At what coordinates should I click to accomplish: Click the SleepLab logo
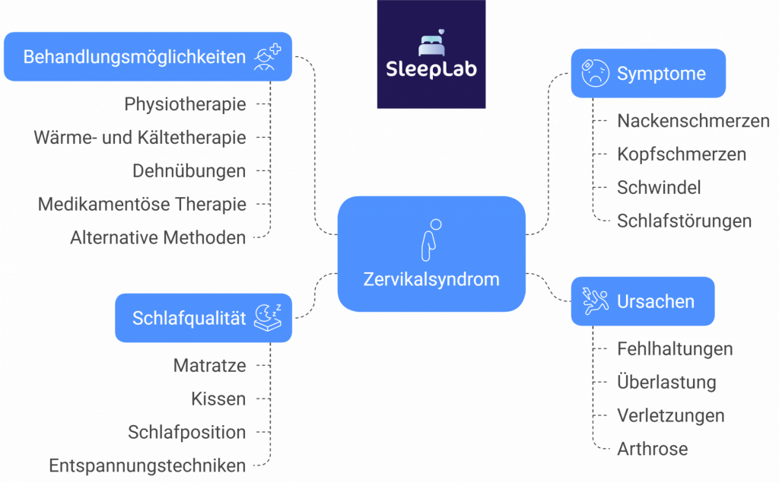pyautogui.click(x=431, y=54)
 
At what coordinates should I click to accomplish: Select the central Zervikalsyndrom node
pyautogui.click(x=431, y=253)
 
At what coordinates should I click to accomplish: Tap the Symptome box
pyautogui.click(x=647, y=74)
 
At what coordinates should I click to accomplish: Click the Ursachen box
pyautogui.click(x=643, y=301)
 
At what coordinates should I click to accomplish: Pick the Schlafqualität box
pyautogui.click(x=203, y=318)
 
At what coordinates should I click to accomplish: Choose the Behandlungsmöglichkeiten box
pyautogui.click(x=148, y=57)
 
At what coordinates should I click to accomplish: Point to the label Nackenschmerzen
pyautogui.click(x=693, y=121)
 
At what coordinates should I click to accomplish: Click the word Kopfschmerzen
pyautogui.click(x=682, y=154)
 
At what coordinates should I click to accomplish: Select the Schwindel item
pyautogui.click(x=659, y=188)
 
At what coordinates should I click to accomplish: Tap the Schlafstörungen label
pyautogui.click(x=684, y=221)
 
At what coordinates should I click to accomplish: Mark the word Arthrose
pyautogui.click(x=652, y=449)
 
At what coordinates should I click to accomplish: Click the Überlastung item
pyautogui.click(x=666, y=382)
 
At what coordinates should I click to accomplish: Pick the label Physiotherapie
pyautogui.click(x=185, y=104)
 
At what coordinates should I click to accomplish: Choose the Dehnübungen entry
pyautogui.click(x=189, y=171)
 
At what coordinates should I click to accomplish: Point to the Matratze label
pyautogui.click(x=209, y=365)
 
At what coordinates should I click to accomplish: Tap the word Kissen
pyautogui.click(x=218, y=399)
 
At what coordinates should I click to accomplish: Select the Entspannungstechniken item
pyautogui.click(x=147, y=466)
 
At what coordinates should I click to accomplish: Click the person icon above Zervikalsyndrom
pyautogui.click(x=431, y=238)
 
